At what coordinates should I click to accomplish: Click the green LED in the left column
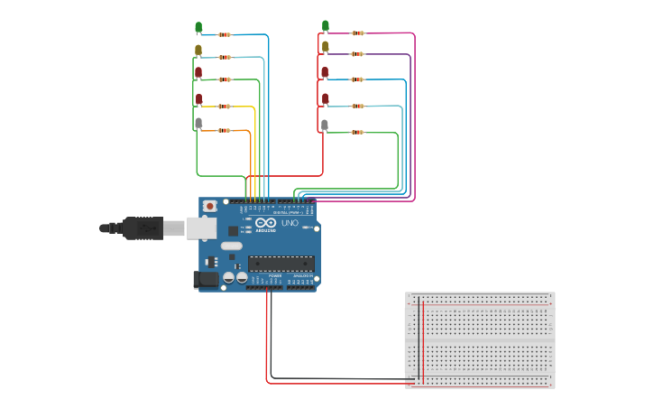(198, 27)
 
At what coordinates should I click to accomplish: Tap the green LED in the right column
(326, 25)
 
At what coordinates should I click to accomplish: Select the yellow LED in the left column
(198, 50)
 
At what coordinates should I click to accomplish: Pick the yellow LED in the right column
(326, 46)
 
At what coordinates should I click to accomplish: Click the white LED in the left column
(198, 123)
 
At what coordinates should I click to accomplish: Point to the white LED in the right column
(325, 125)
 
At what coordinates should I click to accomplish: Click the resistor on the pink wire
(358, 33)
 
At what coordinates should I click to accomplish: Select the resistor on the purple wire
(358, 54)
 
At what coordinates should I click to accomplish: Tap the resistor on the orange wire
(224, 131)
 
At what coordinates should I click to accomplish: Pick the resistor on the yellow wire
(224, 106)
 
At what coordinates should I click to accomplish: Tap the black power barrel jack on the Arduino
(207, 280)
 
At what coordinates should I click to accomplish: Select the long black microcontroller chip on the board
(281, 264)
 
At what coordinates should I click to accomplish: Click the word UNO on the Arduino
(290, 223)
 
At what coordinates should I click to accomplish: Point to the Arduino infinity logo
(266, 223)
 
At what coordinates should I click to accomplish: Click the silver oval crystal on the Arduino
(232, 246)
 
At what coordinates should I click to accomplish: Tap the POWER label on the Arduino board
(275, 275)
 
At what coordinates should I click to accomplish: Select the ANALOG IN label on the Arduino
(302, 275)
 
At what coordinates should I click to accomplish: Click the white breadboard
(480, 339)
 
